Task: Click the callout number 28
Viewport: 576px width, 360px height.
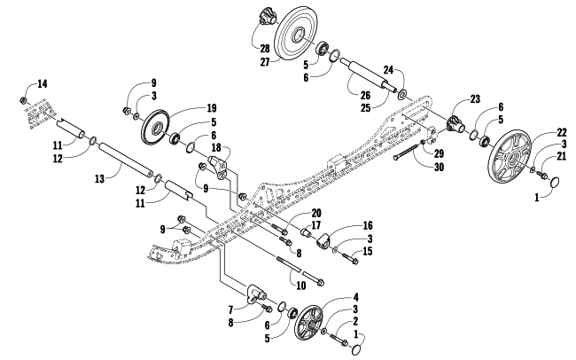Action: click(265, 49)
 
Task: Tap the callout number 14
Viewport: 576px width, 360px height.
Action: click(43, 84)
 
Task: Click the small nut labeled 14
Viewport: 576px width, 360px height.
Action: click(23, 99)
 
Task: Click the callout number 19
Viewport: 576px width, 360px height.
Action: click(211, 108)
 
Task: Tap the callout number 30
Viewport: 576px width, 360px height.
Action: click(439, 168)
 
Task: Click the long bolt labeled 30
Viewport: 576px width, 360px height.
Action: click(408, 151)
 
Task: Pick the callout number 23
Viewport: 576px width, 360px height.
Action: click(475, 99)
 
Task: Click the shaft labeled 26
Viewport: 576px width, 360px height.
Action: click(369, 74)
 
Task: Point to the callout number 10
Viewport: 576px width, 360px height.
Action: click(301, 286)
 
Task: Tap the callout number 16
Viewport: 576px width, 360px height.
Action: click(368, 225)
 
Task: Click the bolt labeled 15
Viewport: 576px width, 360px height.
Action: click(350, 258)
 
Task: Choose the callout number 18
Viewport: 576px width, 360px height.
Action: click(216, 147)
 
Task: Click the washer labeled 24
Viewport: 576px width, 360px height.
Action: click(401, 95)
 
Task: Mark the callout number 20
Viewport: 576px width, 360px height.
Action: click(316, 213)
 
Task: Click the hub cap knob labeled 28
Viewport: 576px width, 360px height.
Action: click(267, 18)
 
